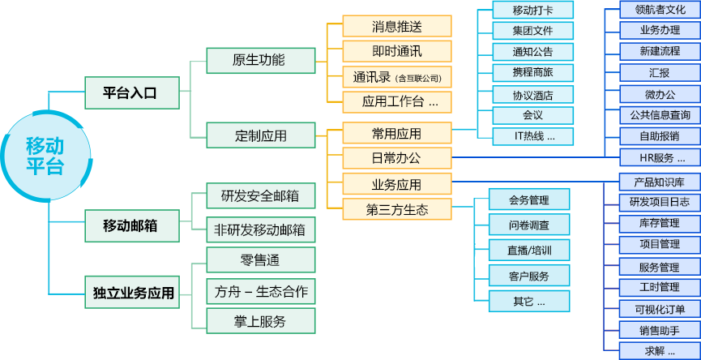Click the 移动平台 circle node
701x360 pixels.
pyautogui.click(x=45, y=156)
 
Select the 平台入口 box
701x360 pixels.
pyautogui.click(x=131, y=92)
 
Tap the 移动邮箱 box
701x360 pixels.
pyautogui.click(x=131, y=225)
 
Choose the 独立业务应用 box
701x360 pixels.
pyautogui.click(x=131, y=292)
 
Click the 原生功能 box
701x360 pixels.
pyautogui.click(x=260, y=60)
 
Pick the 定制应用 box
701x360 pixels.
pyautogui.click(x=260, y=135)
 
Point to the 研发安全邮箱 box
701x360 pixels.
pyautogui.click(x=260, y=195)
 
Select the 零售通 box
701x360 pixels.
pyautogui.click(x=260, y=259)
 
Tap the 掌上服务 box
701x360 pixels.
pyautogui.click(x=260, y=321)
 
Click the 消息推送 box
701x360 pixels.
pyautogui.click(x=397, y=26)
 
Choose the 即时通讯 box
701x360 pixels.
pyautogui.click(x=397, y=51)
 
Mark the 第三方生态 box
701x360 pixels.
pyautogui.click(x=397, y=210)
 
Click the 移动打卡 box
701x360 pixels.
pyautogui.click(x=532, y=11)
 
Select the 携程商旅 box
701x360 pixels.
pyautogui.click(x=532, y=73)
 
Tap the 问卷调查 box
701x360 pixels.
pyautogui.click(x=529, y=225)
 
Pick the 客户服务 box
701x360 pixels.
pyautogui.click(x=529, y=276)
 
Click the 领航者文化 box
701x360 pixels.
pyautogui.click(x=659, y=10)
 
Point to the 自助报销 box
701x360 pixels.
pyautogui.click(x=659, y=135)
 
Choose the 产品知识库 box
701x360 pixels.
pyautogui.click(x=659, y=182)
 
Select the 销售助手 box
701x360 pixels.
pyautogui.click(x=659, y=330)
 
